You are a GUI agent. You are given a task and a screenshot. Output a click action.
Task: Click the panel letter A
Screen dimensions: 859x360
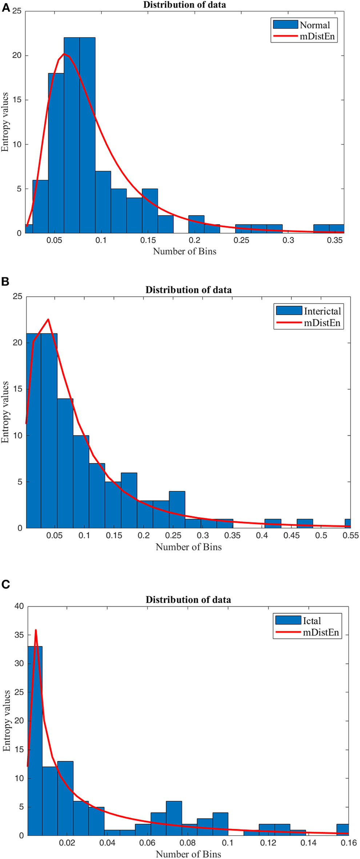click(5, 7)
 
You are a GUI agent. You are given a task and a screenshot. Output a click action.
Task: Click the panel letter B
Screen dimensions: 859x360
click(5, 281)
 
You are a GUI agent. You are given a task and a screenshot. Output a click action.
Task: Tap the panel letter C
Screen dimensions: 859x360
click(5, 584)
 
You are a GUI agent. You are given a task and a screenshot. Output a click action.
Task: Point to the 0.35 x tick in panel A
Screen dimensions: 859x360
click(335, 240)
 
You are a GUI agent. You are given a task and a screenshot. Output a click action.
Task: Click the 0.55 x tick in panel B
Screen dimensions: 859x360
click(351, 536)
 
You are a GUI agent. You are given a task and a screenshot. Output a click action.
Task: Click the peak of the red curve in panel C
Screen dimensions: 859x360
click(36, 630)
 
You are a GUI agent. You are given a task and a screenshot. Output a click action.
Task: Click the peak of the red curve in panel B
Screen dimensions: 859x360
click(48, 319)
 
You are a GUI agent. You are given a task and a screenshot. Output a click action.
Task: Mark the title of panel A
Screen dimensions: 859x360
click(184, 5)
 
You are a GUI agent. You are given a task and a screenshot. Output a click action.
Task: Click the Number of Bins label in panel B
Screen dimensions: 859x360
click(188, 547)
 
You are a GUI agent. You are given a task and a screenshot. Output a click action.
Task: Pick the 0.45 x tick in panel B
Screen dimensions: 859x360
click(292, 536)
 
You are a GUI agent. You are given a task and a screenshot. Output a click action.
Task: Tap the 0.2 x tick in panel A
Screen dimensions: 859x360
click(195, 240)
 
